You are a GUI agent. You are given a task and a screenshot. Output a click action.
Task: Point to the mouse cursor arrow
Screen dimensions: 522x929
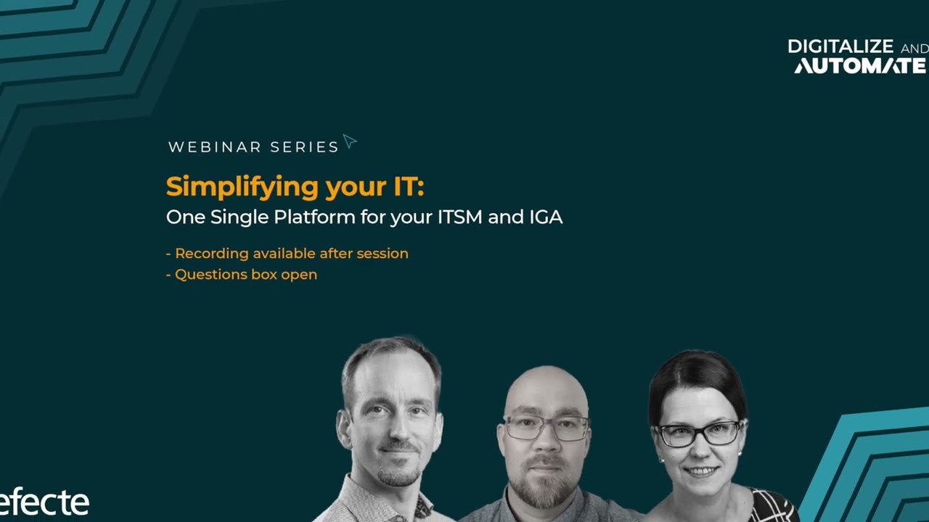tap(349, 141)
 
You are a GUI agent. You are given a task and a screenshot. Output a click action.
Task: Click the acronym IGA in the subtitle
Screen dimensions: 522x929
tap(545, 217)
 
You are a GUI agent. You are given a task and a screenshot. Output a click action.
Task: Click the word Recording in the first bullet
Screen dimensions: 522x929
tap(211, 254)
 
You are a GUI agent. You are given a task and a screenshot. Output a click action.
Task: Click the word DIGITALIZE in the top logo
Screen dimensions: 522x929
tap(840, 47)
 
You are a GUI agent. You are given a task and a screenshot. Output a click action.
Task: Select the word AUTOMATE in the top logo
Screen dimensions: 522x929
tap(860, 66)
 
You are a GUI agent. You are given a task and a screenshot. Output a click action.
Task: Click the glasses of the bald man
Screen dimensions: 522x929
tap(546, 428)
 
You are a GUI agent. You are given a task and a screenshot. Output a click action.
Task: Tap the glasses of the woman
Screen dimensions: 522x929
tap(697, 434)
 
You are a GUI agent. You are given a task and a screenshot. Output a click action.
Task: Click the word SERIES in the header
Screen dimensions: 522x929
tap(304, 147)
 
